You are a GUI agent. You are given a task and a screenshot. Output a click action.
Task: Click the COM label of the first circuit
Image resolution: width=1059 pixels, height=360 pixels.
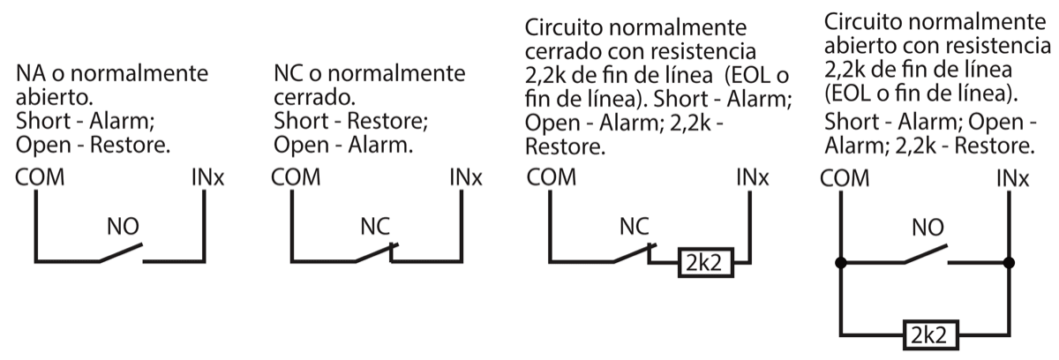point(39,177)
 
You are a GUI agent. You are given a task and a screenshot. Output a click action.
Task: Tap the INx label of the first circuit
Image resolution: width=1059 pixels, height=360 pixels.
point(207,177)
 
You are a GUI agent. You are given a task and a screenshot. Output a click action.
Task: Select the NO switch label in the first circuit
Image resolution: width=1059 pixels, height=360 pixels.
point(124,228)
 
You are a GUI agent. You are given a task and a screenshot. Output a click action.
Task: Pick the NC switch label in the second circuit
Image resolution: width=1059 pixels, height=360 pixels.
point(375,228)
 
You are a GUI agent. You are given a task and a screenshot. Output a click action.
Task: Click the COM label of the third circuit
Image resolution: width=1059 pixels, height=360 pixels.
point(552,177)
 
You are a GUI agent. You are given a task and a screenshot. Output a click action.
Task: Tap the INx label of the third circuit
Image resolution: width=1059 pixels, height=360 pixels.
point(752,177)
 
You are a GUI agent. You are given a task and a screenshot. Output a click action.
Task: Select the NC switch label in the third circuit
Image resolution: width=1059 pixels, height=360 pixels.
point(635,228)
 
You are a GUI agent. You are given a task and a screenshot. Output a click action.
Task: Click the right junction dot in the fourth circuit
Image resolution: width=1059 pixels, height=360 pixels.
point(1009,263)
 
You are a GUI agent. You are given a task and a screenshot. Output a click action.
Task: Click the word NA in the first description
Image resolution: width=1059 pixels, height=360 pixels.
point(30,74)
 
